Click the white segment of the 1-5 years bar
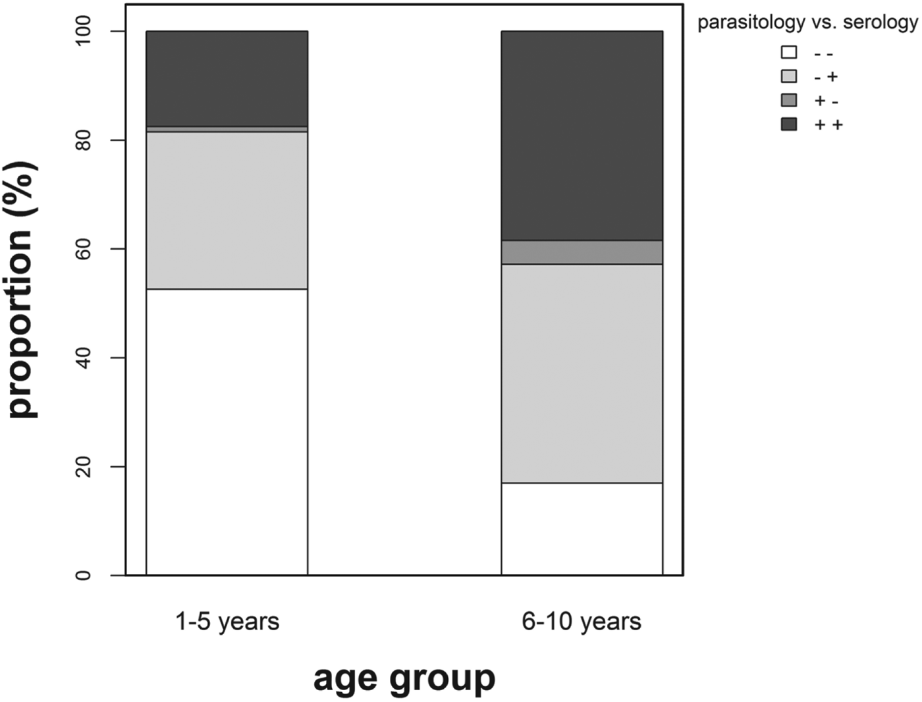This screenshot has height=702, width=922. (227, 431)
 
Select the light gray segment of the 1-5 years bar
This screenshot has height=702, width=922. (227, 210)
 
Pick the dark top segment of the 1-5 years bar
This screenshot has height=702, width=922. (227, 78)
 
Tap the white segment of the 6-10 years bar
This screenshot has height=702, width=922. (582, 529)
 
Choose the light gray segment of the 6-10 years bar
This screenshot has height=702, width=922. (582, 373)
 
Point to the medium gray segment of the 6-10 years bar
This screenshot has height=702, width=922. (582, 252)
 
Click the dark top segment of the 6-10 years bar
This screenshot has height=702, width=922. (582, 135)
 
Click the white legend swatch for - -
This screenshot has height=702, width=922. (788, 53)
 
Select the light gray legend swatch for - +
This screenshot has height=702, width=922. (788, 76)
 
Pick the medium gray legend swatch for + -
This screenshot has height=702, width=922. (788, 100)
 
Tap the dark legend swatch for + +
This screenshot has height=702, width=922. (788, 124)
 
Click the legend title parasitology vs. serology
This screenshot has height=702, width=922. (807, 22)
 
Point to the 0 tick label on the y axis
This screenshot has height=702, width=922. (84, 575)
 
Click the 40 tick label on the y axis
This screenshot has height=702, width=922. (84, 358)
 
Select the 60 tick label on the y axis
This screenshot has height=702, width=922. (84, 249)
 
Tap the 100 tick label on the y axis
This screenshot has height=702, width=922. (84, 32)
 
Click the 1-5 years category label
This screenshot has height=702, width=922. (227, 621)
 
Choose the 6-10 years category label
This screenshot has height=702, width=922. (582, 621)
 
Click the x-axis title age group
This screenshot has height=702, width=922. (404, 678)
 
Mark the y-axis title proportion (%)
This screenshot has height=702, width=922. (23, 290)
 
